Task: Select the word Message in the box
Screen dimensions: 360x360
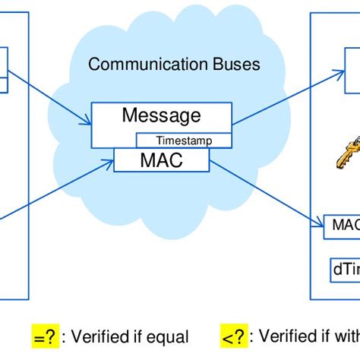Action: (x=161, y=116)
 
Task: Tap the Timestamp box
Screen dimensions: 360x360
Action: (x=183, y=141)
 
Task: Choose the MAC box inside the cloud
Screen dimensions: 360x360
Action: (x=161, y=160)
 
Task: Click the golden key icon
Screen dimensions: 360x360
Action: (x=336, y=157)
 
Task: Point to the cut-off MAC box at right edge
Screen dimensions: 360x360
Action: (x=341, y=225)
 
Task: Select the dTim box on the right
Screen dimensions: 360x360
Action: (x=343, y=270)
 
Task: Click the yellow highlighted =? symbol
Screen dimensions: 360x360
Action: (x=45, y=336)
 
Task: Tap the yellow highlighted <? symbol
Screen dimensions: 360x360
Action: (x=234, y=336)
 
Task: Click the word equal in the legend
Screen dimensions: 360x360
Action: (x=169, y=336)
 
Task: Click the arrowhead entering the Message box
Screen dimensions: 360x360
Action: (x=87, y=121)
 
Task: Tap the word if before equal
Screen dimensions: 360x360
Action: (x=141, y=336)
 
